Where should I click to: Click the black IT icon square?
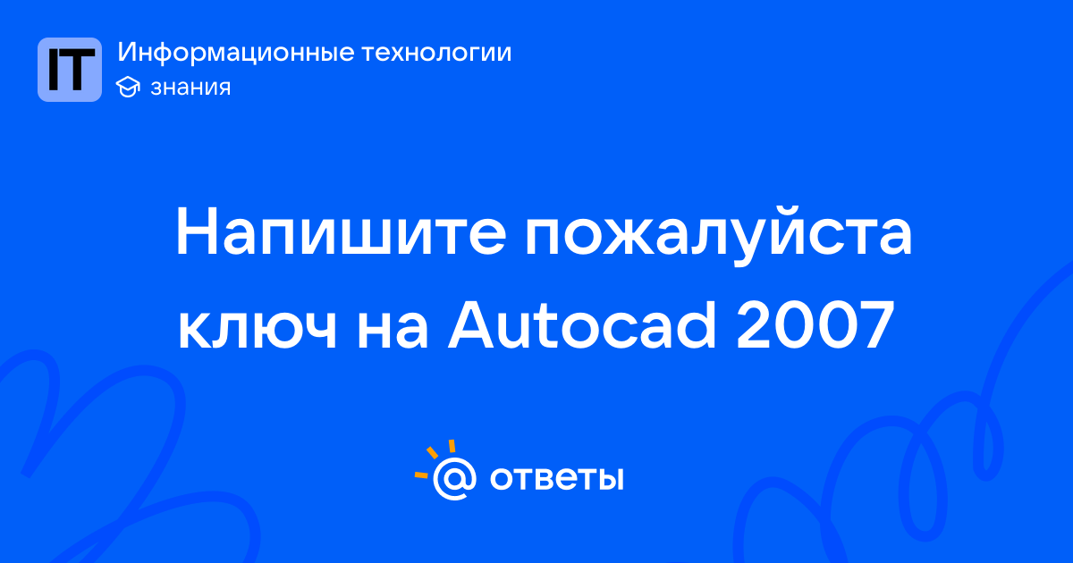(70, 70)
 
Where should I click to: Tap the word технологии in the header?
(436, 52)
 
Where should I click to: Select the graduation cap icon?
(128, 88)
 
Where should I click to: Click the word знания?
(190, 88)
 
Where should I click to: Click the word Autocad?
(581, 324)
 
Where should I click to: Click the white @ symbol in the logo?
(454, 478)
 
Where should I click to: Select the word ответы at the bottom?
(556, 478)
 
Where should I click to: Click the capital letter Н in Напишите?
(196, 231)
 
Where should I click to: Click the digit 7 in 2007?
(876, 325)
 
